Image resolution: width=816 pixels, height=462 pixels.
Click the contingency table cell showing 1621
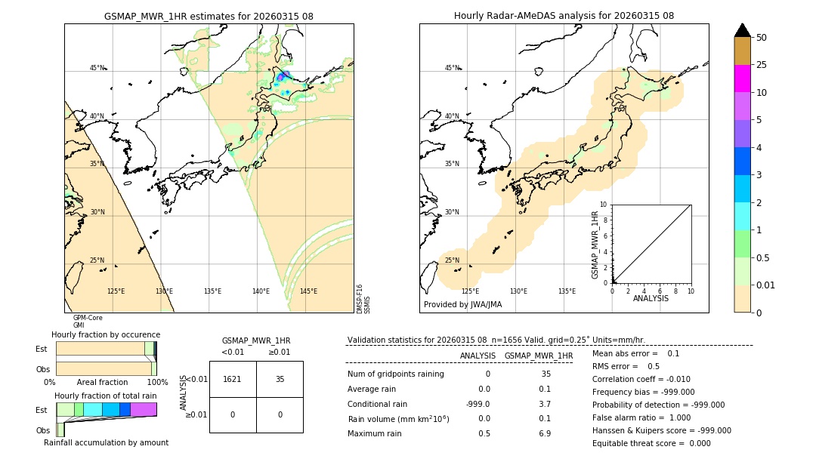point(233,380)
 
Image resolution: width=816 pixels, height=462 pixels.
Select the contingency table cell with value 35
point(280,380)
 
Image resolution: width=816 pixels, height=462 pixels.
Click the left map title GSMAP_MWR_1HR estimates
point(209,16)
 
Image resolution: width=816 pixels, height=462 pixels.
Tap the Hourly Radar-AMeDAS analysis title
point(564,16)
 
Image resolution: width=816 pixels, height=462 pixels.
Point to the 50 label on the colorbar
point(762,38)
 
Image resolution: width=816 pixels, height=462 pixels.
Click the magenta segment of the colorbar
point(743,79)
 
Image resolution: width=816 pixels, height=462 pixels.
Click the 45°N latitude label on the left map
point(97,68)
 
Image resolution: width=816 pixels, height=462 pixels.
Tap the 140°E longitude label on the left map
point(261,291)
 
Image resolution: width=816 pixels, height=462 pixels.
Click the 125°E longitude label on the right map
point(470,291)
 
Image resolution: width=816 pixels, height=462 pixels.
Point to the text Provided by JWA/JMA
point(462,305)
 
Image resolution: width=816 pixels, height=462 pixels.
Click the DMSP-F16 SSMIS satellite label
point(363,299)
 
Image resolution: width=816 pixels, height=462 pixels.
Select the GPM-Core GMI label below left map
point(83,322)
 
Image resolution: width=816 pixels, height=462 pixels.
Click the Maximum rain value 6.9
point(544,433)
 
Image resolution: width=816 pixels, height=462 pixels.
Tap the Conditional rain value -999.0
point(478,404)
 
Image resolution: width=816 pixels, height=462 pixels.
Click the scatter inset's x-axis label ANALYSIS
point(651,299)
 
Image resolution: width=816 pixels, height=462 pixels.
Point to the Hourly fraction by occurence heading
point(106,334)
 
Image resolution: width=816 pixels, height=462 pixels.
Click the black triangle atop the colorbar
point(743,30)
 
